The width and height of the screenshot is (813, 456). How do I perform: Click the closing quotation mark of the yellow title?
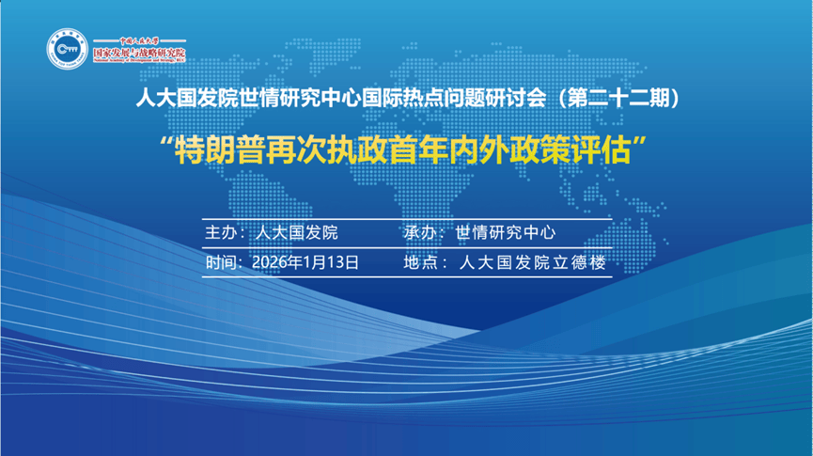point(652,144)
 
